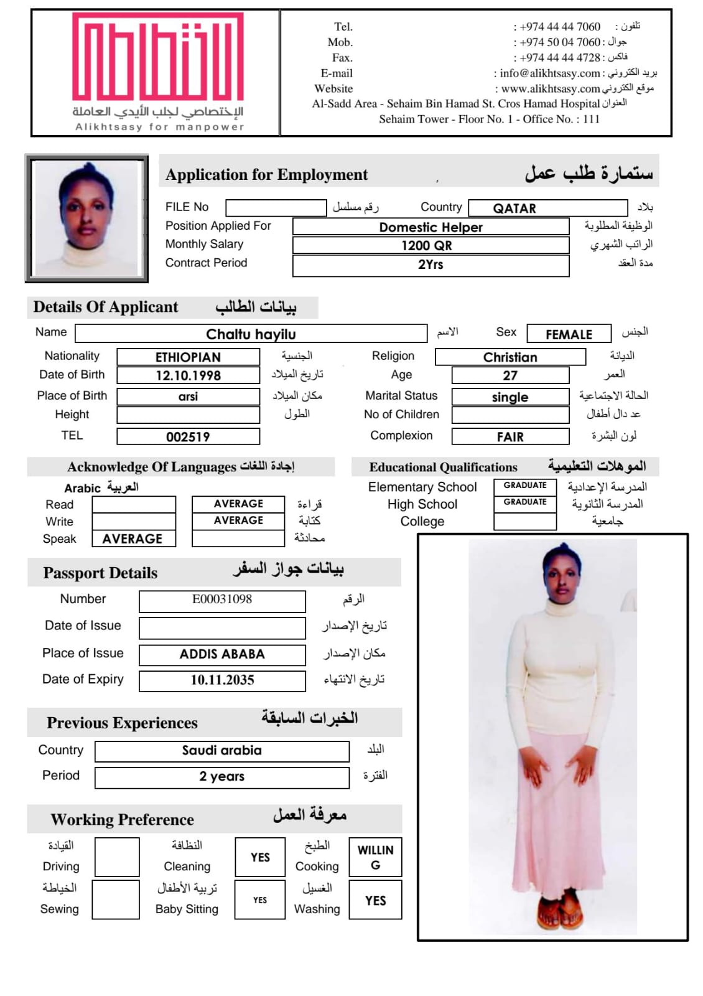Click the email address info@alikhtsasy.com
click(x=549, y=73)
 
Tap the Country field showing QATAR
click(x=547, y=208)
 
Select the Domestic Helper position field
click(x=431, y=227)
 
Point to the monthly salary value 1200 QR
click(x=431, y=245)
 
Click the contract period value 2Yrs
click(x=431, y=265)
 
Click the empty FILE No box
click(x=276, y=207)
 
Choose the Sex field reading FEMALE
click(x=569, y=334)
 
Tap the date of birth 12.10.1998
click(x=188, y=375)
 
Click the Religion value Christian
click(x=510, y=357)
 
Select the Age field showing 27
click(x=510, y=375)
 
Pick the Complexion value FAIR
click(x=510, y=437)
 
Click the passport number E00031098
click(x=222, y=599)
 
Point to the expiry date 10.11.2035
click(x=222, y=680)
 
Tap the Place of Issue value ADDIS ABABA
click(x=222, y=654)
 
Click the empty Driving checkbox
click(x=116, y=857)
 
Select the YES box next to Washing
click(x=375, y=900)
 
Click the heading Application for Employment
click(x=266, y=175)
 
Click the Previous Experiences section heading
click(x=122, y=723)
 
